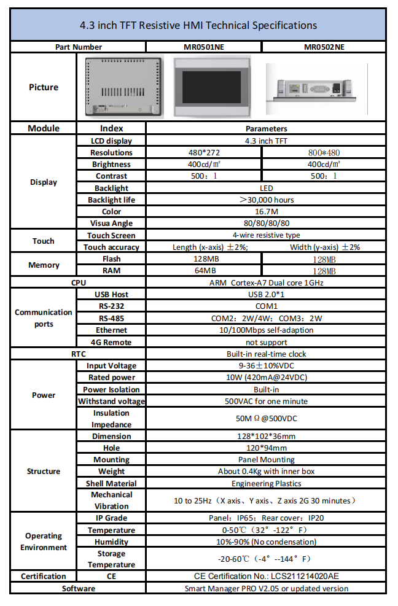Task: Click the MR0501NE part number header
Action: tap(204, 47)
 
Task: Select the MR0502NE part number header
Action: tap(324, 47)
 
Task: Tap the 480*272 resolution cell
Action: tap(204, 152)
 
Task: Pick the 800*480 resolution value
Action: tap(324, 152)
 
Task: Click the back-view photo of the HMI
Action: tap(123, 87)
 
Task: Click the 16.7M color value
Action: tap(267, 212)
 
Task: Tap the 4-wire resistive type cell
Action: tap(267, 235)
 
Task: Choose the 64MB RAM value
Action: tap(204, 271)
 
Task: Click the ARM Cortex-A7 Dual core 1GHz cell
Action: tap(267, 283)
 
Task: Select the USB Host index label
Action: tap(111, 295)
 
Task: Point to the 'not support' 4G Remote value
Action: tap(267, 342)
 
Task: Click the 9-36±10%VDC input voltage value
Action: tap(267, 366)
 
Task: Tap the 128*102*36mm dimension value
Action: tap(267, 437)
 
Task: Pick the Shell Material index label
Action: tap(111, 484)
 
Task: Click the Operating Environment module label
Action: tap(44, 542)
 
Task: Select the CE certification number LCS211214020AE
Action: tap(267, 577)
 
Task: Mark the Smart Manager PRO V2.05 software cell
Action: tap(267, 588)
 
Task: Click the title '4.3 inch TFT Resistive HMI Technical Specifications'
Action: tap(198, 25)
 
